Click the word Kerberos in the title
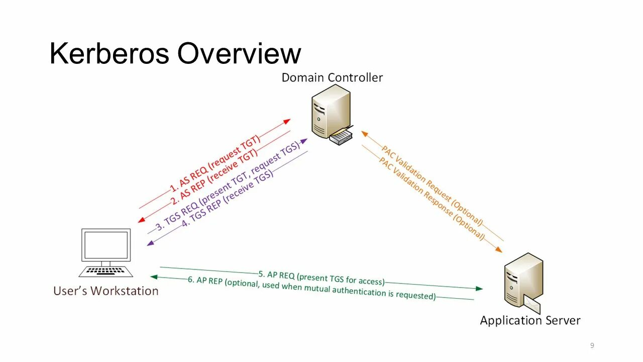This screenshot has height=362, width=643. (x=110, y=53)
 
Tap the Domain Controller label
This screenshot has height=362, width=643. (x=332, y=77)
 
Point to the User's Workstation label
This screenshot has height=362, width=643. (x=105, y=291)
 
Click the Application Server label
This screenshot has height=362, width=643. (x=530, y=320)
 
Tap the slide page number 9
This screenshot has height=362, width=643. (x=592, y=345)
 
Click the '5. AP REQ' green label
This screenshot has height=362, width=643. (x=321, y=278)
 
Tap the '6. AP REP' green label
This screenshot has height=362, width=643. (x=311, y=288)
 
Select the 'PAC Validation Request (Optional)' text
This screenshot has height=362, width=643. (x=432, y=186)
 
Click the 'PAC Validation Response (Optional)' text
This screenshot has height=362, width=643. (x=431, y=199)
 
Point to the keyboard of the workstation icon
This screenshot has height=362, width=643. (x=106, y=271)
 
